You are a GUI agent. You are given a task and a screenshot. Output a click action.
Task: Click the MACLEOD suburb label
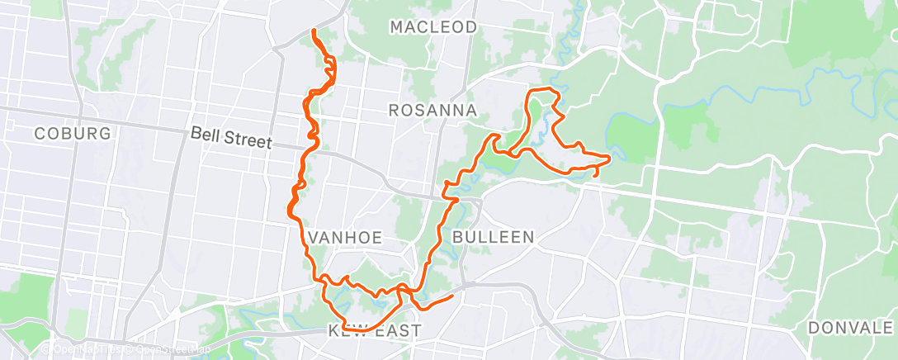433,27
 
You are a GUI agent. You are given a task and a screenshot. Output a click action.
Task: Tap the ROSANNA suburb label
432,110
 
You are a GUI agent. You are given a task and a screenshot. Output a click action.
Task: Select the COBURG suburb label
72,134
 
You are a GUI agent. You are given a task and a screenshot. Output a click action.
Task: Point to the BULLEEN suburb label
493,237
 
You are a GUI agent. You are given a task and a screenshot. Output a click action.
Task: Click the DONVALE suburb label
849,327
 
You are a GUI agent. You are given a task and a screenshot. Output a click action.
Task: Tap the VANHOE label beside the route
346,237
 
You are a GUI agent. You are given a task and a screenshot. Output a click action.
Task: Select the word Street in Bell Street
247,141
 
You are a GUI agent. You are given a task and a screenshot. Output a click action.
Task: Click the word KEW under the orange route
347,331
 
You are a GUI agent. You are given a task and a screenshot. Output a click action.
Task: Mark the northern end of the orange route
314,31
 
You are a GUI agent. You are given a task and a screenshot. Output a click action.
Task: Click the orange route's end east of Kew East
453,295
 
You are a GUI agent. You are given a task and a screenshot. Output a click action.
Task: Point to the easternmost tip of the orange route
610,157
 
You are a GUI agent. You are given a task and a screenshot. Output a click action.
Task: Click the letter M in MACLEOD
397,27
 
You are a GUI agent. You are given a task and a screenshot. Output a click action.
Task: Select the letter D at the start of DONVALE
813,327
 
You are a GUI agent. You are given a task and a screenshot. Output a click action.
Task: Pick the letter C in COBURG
39,134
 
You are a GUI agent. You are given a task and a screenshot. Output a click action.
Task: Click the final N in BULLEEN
529,237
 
